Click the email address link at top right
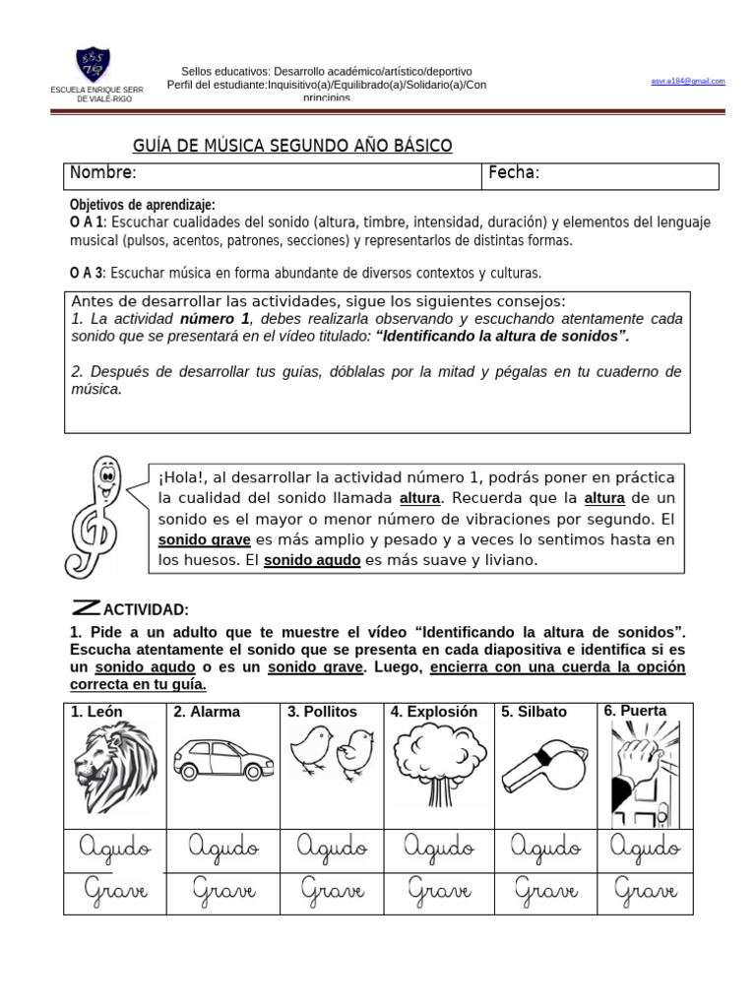pos(687,81)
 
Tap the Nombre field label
pos(102,173)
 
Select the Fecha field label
pos(513,173)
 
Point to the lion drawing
pos(114,768)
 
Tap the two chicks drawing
pos(332,754)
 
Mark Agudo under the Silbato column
pos(544,847)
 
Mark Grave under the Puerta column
pos(645,892)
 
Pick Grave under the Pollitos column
pos(331,892)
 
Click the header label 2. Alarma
pos(207,712)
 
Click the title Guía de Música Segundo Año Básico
pos(292,146)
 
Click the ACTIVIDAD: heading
pos(146,610)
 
